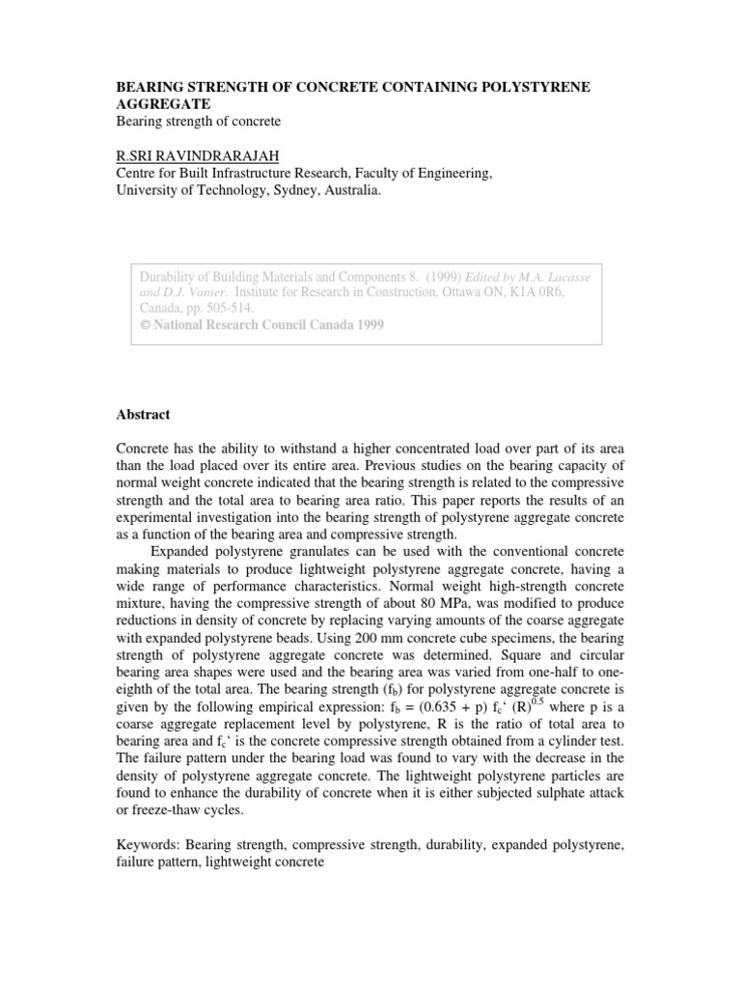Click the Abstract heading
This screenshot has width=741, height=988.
click(143, 414)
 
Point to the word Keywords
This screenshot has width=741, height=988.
click(148, 844)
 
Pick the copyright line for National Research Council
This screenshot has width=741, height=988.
click(262, 325)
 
